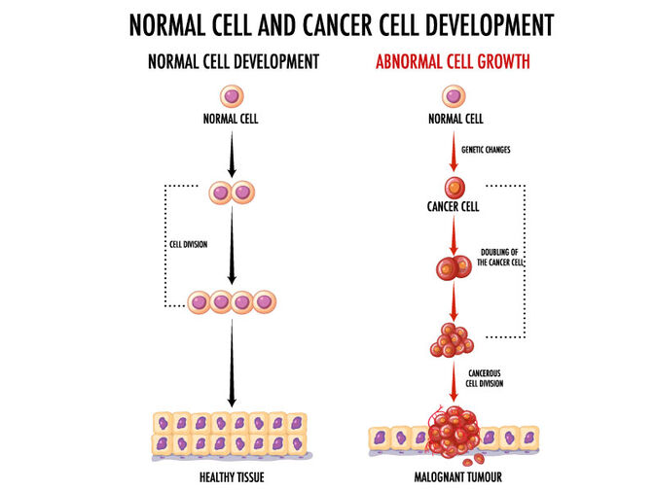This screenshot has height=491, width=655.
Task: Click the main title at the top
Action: tap(327, 24)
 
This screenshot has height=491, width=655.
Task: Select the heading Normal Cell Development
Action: tap(233, 61)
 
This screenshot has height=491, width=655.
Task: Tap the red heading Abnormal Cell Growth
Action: tap(453, 61)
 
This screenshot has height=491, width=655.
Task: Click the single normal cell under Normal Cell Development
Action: tap(232, 96)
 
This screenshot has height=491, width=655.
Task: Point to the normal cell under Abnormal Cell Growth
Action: tap(454, 96)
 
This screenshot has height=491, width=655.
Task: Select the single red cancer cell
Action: tap(454, 188)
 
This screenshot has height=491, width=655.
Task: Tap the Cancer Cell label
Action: tap(454, 207)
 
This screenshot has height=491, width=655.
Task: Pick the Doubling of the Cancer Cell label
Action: tap(502, 258)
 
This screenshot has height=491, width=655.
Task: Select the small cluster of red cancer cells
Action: tap(452, 339)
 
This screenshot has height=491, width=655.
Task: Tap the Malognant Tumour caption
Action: tap(454, 477)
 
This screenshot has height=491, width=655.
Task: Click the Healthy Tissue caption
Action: tap(232, 477)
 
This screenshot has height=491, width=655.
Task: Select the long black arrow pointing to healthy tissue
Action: tap(232, 365)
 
